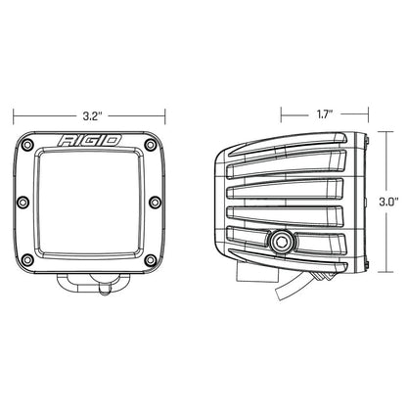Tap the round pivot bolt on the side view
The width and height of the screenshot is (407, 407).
pos(285,240)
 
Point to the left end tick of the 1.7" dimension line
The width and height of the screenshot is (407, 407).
pos(280,113)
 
